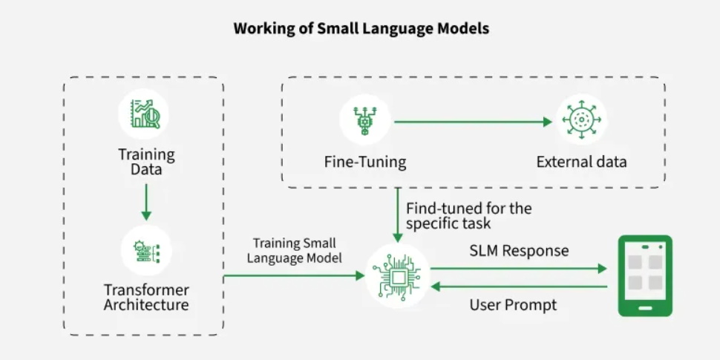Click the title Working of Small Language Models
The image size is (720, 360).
click(x=361, y=29)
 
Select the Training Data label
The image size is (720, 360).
click(x=146, y=162)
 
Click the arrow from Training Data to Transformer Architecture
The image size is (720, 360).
click(x=146, y=200)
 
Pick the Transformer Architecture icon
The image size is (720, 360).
click(x=145, y=251)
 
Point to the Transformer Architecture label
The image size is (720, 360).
click(x=146, y=297)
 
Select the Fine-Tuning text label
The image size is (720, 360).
click(x=364, y=162)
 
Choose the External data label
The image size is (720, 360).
click(x=582, y=162)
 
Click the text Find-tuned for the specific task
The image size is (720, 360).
click(x=468, y=215)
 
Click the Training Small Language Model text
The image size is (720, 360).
click(x=295, y=251)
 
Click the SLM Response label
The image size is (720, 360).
click(x=519, y=251)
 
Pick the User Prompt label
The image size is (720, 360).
click(x=513, y=305)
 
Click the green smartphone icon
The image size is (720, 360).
click(x=645, y=276)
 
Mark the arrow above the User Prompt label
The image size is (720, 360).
click(x=519, y=286)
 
